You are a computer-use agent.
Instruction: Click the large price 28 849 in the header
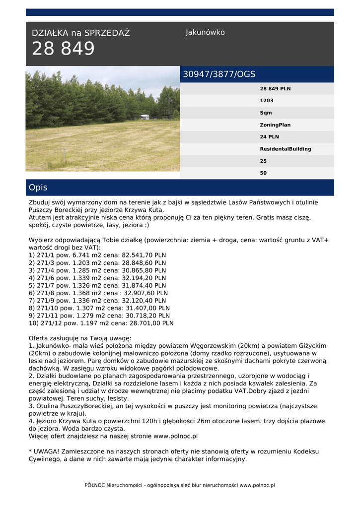coord(63,49)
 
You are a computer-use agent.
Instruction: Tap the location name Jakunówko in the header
coord(205,32)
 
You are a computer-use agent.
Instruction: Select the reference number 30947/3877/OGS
coord(219,74)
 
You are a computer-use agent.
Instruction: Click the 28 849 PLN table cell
coord(275,89)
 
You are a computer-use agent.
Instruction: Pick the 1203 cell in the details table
coord(267,101)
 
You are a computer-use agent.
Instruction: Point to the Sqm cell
coord(266,113)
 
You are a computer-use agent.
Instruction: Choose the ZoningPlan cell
coord(275,125)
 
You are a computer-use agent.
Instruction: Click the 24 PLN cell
coord(269,137)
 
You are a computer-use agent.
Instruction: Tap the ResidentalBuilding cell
coord(286,149)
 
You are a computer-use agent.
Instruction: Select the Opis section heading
coord(38,188)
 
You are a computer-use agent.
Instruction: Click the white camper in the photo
coord(144,117)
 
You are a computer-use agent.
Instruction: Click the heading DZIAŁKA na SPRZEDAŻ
coord(80,33)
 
